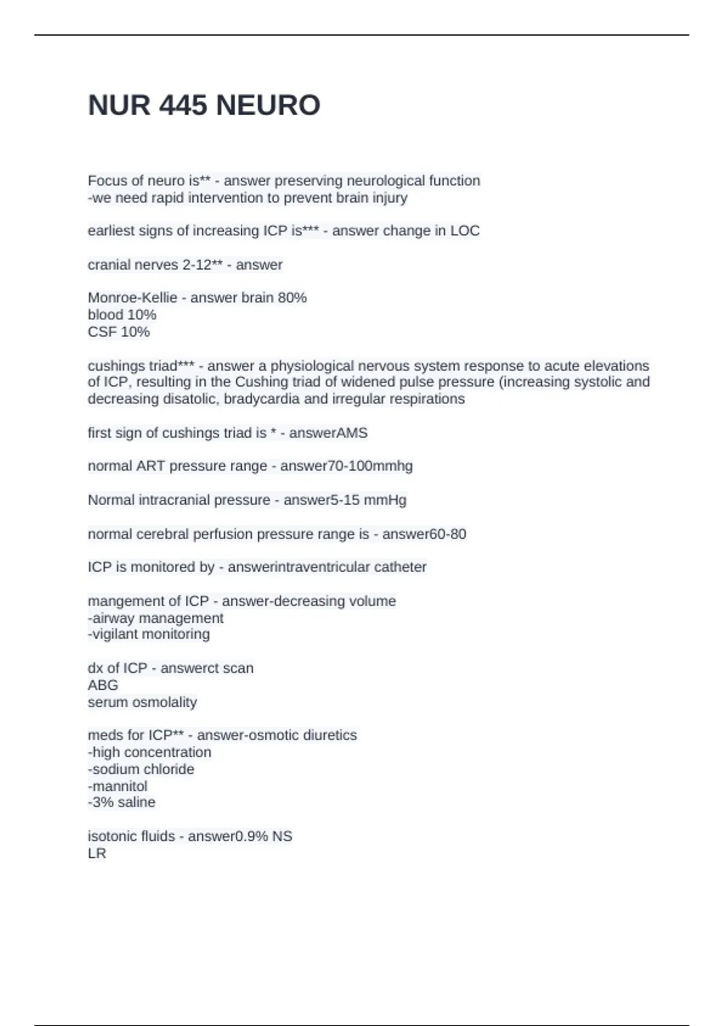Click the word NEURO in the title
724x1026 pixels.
(x=268, y=106)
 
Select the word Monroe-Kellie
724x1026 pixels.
(x=132, y=298)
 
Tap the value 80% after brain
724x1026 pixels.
(x=292, y=298)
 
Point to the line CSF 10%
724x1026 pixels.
(x=118, y=332)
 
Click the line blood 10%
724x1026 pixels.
(x=122, y=314)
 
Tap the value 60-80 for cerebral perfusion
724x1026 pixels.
(x=447, y=534)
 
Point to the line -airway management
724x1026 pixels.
(x=156, y=618)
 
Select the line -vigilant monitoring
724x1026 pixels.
(x=149, y=634)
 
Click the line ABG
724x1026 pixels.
(x=103, y=685)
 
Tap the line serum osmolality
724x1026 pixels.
(x=142, y=703)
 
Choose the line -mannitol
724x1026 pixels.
(x=118, y=786)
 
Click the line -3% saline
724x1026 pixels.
(x=121, y=803)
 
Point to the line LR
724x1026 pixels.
(x=97, y=854)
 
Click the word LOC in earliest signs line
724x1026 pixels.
(x=465, y=231)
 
